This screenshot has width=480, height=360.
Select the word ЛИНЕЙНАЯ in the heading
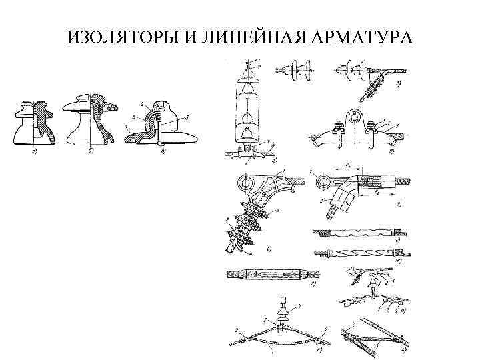coord(247,35)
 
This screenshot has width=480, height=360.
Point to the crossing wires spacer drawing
coord(373,337)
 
